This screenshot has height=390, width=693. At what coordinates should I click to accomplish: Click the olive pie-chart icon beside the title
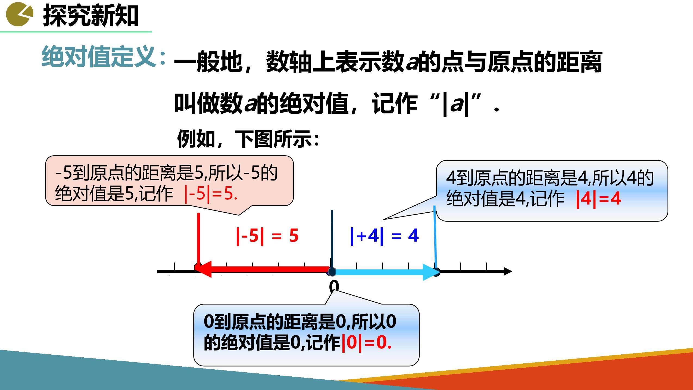tap(20, 14)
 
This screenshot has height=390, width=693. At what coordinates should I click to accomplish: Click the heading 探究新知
tap(91, 16)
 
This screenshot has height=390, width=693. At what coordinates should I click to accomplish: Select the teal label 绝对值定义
tap(99, 57)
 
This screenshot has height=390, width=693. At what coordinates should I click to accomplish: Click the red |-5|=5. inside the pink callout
tap(211, 194)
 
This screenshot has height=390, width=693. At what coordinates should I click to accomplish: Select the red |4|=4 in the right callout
tap(599, 199)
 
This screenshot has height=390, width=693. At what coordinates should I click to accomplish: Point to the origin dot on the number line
tap(332, 271)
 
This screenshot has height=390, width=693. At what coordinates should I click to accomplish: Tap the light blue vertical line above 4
tap(435, 237)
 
